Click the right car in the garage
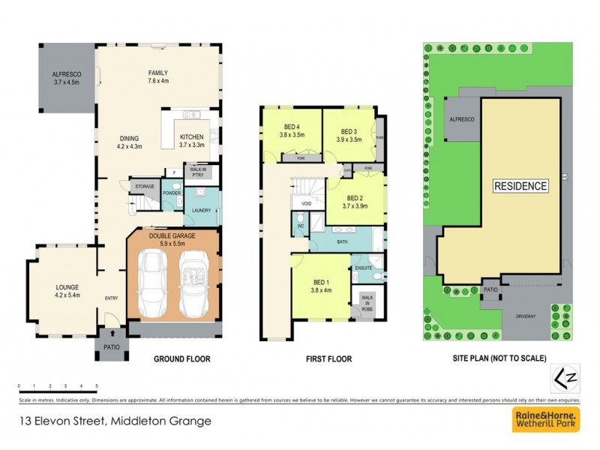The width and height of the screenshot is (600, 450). [196, 283]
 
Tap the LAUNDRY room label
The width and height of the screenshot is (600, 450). [200, 211]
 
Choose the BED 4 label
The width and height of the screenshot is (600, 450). [292, 130]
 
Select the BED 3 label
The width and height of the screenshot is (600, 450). [349, 135]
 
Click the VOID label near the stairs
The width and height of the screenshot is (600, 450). [306, 204]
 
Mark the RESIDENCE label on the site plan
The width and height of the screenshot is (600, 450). [520, 185]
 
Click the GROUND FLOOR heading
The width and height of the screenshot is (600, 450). [181, 359]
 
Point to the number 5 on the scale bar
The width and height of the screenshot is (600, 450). [97, 385]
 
